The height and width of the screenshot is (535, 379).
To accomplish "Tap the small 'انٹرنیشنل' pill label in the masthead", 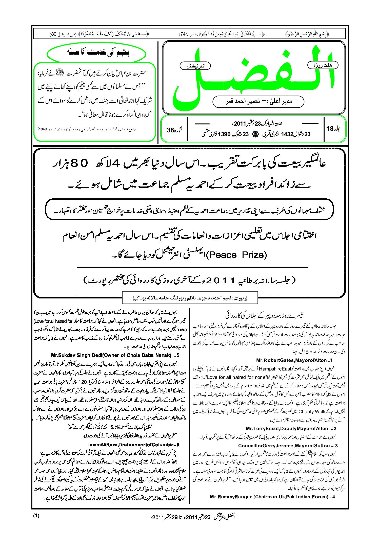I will click(x=195, y=66).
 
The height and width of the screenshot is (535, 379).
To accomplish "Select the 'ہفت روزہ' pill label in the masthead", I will click(x=323, y=65).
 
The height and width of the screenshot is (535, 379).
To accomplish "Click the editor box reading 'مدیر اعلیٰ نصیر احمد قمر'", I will click(x=258, y=102).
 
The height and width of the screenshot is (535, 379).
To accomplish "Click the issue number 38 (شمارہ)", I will click(x=174, y=130).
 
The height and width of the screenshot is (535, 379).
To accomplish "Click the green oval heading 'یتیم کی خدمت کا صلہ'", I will click(x=96, y=53).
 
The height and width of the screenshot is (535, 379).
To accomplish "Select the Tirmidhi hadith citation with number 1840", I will click(x=87, y=129).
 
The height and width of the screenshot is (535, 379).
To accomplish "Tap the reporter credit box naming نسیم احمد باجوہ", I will click(x=190, y=298).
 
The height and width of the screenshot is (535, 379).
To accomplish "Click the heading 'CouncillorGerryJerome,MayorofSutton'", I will click(x=287, y=446).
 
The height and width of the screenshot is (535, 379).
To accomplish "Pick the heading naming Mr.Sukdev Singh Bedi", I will click(x=115, y=355).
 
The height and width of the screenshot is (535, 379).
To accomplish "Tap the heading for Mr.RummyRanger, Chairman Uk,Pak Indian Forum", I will click(x=272, y=497).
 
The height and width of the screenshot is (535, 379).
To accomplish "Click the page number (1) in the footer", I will click(x=36, y=516).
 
